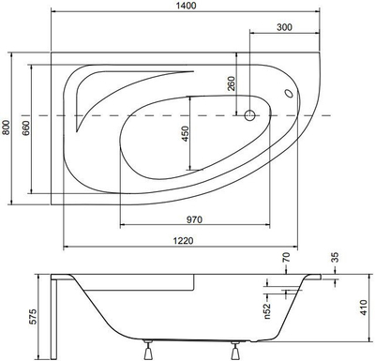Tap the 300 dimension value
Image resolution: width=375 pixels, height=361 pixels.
coord(284,27)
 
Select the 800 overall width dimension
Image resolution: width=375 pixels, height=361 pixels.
coord(6,128)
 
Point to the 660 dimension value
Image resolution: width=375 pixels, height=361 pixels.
coord(26,128)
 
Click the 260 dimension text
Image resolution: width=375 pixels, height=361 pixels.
coord(232,83)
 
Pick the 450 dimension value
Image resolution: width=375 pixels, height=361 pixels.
coord(186,134)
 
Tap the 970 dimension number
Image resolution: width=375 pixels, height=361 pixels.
coord(194,219)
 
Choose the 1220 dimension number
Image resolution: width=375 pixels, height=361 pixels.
coord(183,241)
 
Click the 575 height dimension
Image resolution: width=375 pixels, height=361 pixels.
coord(33,317)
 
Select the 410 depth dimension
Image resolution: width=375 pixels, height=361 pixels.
coord(363,308)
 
